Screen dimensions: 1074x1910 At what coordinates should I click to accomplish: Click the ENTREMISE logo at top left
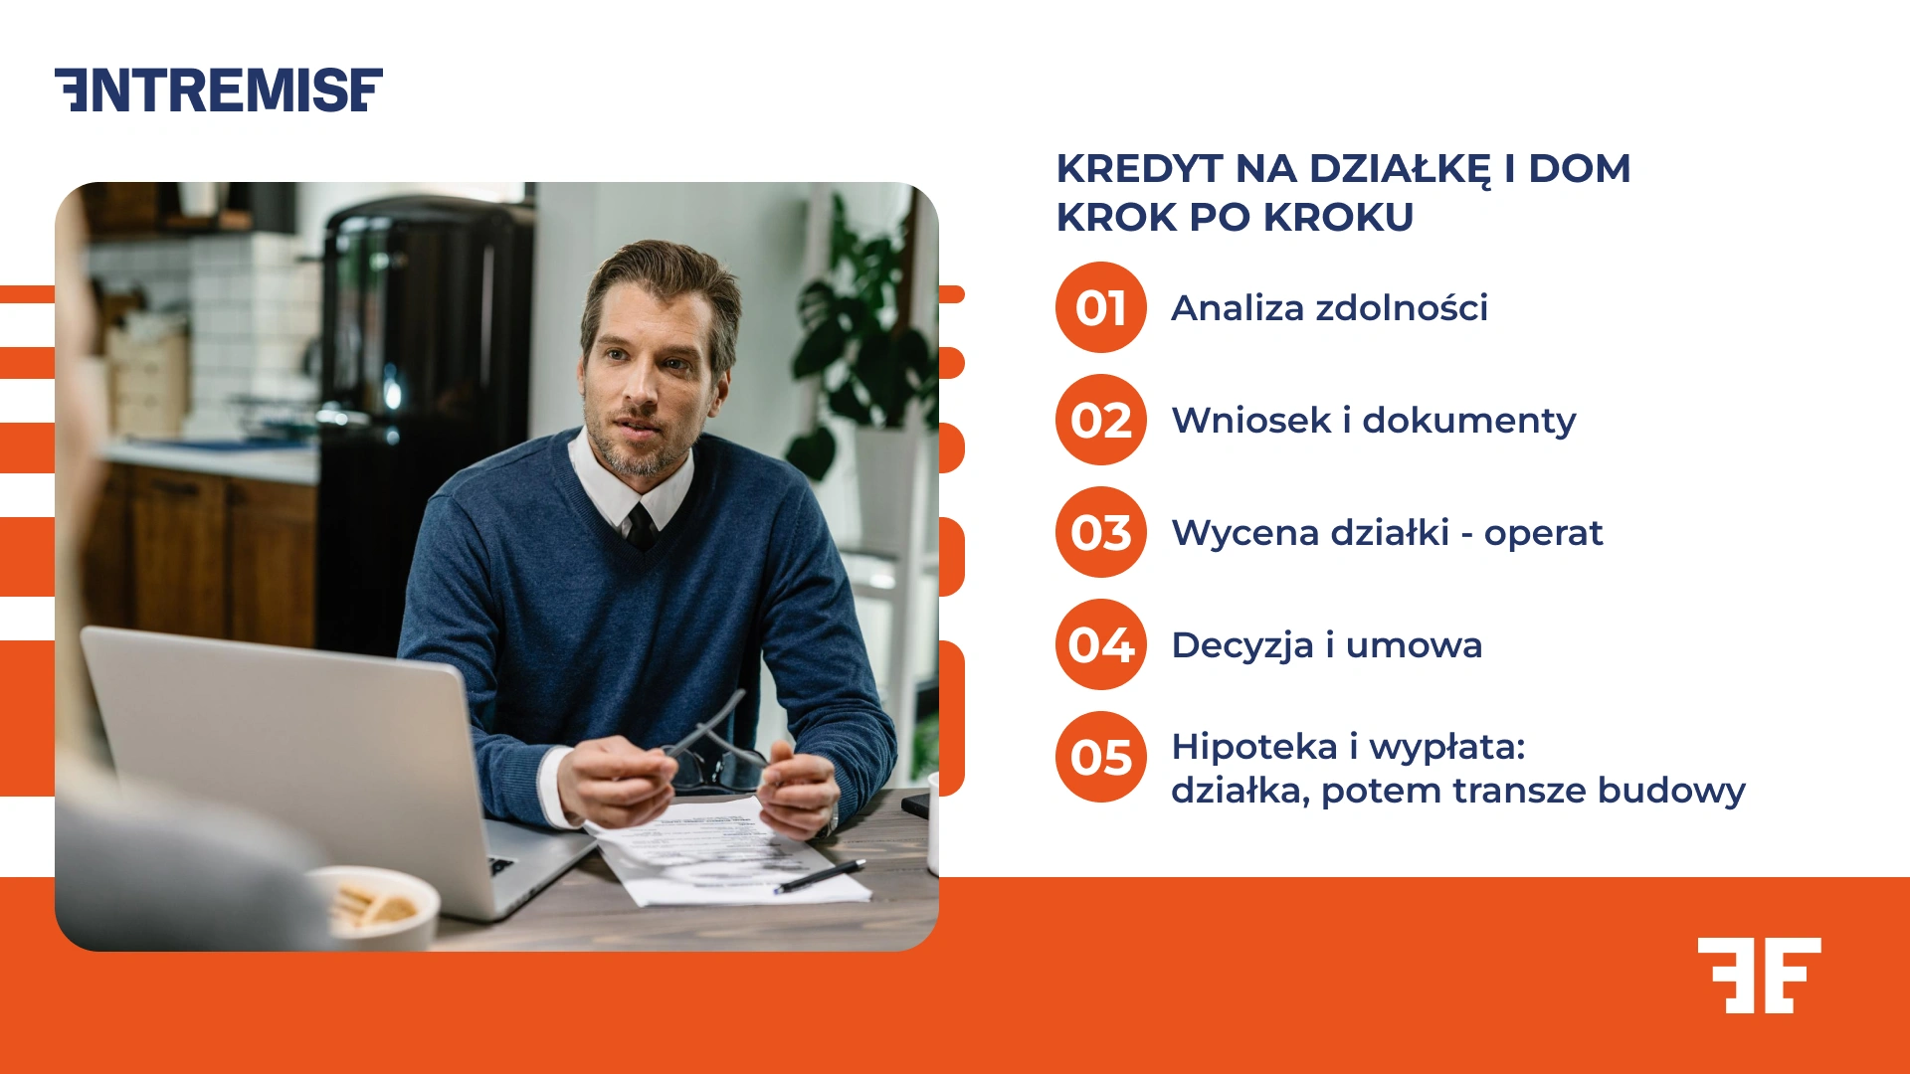[x=219, y=90]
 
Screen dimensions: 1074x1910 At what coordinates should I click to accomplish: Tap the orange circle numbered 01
[x=1100, y=307]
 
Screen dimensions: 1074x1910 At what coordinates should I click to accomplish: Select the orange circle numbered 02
[x=1100, y=420]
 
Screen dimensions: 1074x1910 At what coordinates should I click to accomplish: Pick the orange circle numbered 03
[x=1100, y=532]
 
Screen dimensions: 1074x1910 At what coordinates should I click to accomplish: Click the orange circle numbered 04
[x=1100, y=644]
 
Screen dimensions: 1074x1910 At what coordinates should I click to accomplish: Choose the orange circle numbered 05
[x=1100, y=757]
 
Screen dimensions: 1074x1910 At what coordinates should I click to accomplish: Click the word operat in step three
[x=1543, y=534]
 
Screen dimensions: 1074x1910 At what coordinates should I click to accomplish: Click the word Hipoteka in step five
[x=1253, y=747]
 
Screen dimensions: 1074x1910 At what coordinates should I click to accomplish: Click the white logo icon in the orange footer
[x=1759, y=975]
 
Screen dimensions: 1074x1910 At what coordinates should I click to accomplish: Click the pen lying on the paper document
[x=821, y=876]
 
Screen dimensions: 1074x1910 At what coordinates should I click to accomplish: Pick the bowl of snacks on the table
[x=373, y=905]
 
